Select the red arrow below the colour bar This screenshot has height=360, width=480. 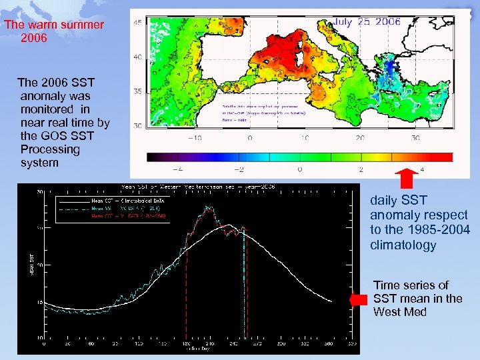click(x=407, y=179)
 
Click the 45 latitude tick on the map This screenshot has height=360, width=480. click(x=138, y=23)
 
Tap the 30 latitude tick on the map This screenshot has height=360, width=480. click(x=138, y=125)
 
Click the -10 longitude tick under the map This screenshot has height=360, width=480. click(x=194, y=139)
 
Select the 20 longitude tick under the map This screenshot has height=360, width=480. click(x=359, y=139)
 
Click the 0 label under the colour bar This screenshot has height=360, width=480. click(x=299, y=169)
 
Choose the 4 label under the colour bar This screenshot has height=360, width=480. click(x=422, y=169)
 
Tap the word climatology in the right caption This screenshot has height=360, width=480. click(x=403, y=245)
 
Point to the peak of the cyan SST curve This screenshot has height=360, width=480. click(x=209, y=207)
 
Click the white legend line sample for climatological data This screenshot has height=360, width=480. click(x=73, y=199)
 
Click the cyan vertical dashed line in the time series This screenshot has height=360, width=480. click(x=245, y=287)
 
